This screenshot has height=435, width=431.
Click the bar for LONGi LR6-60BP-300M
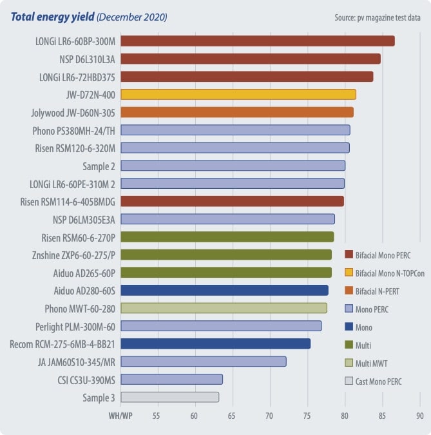click(258, 41)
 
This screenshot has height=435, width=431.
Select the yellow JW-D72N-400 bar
click(238, 95)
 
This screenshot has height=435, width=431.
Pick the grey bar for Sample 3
click(170, 397)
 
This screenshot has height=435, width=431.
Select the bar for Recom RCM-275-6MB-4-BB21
click(216, 343)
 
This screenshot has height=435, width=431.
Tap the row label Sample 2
click(99, 166)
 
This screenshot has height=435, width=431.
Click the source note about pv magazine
click(378, 17)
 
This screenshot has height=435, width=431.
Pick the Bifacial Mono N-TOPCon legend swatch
click(350, 273)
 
